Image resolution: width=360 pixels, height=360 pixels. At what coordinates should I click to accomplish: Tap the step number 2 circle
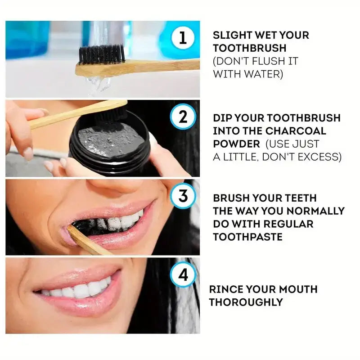pyautogui.click(x=183, y=117)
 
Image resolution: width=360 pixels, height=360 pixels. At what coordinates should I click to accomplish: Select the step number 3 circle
pyautogui.click(x=183, y=196)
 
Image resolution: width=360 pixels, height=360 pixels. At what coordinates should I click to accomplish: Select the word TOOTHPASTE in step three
pyautogui.click(x=247, y=237)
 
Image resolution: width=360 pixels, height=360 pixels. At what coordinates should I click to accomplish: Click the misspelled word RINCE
pyautogui.click(x=229, y=289)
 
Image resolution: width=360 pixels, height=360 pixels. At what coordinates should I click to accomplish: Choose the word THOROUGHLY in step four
pyautogui.click(x=246, y=302)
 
